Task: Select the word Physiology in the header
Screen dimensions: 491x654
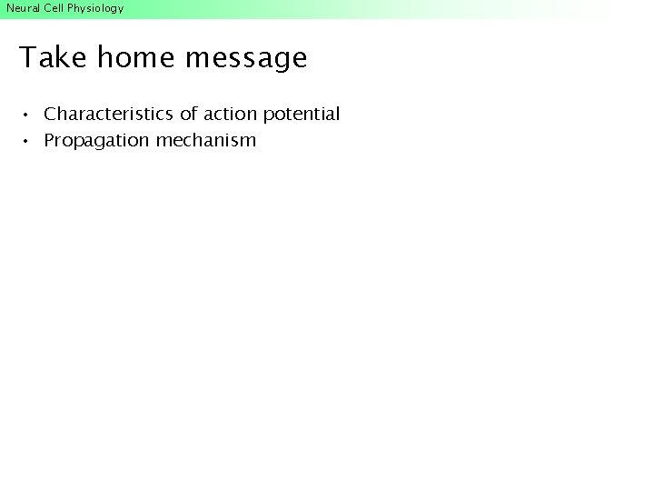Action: (x=95, y=9)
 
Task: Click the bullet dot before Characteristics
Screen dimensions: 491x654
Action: (x=28, y=115)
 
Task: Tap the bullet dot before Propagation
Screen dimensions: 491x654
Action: (x=28, y=142)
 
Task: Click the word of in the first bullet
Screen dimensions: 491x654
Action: (x=189, y=115)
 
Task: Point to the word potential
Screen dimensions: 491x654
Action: (x=302, y=115)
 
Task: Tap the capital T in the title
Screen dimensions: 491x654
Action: (x=27, y=58)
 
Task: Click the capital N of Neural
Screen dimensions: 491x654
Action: (x=10, y=8)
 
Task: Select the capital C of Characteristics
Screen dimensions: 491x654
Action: (x=51, y=115)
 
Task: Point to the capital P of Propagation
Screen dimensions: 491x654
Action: (x=50, y=141)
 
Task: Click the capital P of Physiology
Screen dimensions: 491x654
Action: (x=71, y=8)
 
